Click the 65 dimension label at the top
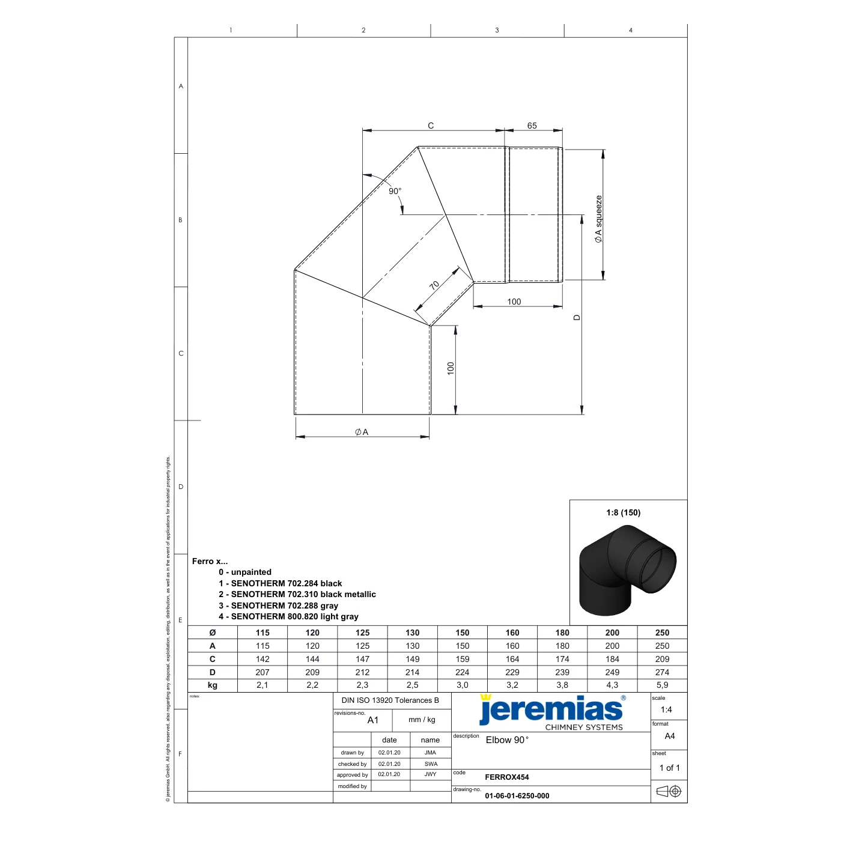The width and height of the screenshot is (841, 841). (532, 126)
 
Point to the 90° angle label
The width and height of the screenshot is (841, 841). (395, 191)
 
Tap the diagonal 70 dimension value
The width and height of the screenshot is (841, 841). (434, 285)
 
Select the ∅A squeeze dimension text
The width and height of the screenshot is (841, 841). (598, 219)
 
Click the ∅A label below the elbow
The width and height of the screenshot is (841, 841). (362, 432)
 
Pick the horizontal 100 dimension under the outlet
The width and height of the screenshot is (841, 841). (514, 302)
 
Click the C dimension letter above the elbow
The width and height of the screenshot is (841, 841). (430, 126)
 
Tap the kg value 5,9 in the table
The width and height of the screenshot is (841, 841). (662, 685)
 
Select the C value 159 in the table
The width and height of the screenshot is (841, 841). (462, 659)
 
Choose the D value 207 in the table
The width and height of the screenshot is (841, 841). (263, 672)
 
